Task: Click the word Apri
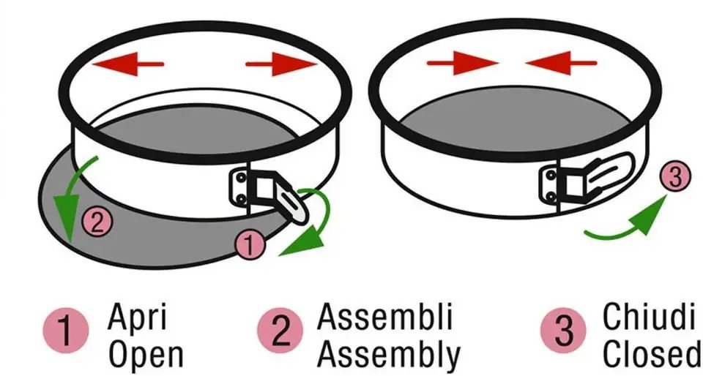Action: tap(137, 317)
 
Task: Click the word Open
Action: tap(146, 355)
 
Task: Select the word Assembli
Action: tap(384, 317)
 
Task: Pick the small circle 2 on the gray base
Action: tap(97, 221)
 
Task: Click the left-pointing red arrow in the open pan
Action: tap(127, 64)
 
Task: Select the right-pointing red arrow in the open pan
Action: tap(281, 64)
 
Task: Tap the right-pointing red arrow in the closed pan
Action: tap(462, 63)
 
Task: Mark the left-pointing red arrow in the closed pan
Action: tap(561, 63)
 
